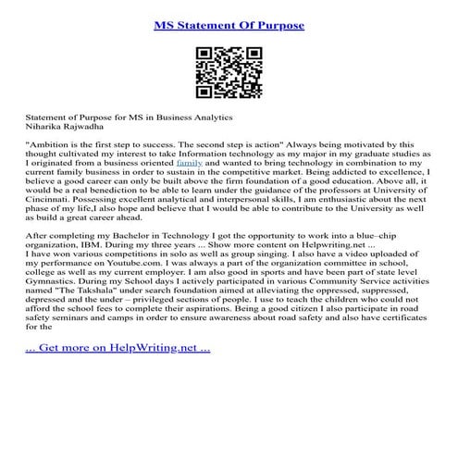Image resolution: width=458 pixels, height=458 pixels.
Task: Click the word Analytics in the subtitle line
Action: [x=210, y=119]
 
